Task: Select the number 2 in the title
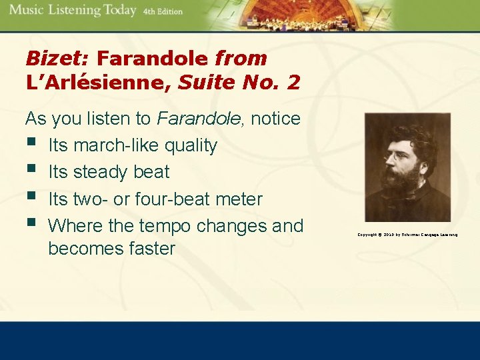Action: [x=293, y=83]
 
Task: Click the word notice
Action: [x=276, y=119]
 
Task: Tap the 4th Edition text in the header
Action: [x=163, y=12]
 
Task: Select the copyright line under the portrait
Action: [x=407, y=235]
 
